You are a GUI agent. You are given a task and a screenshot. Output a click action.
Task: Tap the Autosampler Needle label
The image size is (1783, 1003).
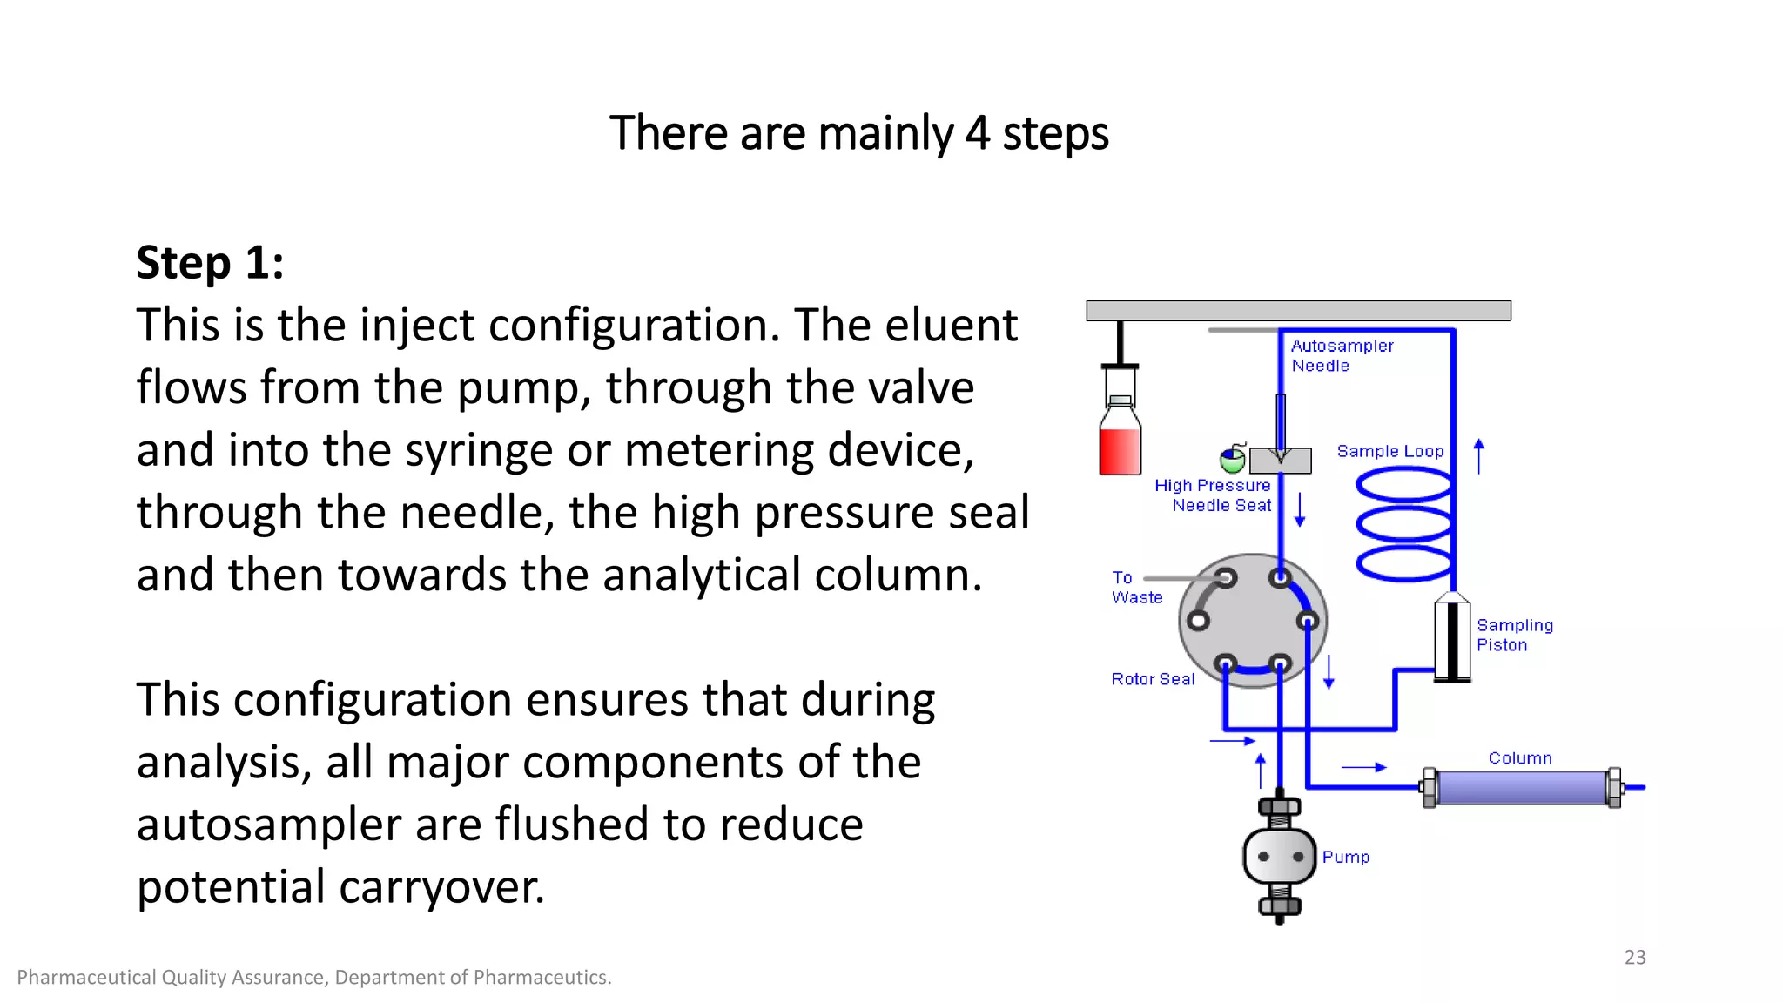coord(1341,355)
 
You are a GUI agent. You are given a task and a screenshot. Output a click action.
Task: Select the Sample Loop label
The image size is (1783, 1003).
coord(1389,451)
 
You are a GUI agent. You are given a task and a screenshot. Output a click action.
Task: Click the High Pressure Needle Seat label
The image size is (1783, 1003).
coord(1214,495)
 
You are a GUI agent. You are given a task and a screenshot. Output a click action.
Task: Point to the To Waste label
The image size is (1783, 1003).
coord(1135,588)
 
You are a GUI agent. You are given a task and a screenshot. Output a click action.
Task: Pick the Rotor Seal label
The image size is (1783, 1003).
coord(1152,679)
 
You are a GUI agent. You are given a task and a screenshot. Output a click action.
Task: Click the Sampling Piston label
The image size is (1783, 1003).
coord(1513,635)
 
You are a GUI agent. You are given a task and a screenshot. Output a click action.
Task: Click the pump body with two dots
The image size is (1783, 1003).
coord(1279,857)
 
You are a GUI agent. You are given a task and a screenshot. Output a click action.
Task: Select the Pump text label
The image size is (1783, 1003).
coord(1345,858)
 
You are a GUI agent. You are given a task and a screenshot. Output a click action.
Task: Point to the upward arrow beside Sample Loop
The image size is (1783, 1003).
coord(1478,455)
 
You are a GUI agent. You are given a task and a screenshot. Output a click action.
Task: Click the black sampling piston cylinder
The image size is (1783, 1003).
coord(1451,640)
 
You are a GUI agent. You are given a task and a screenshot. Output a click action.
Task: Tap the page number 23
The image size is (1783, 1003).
coord(1634,957)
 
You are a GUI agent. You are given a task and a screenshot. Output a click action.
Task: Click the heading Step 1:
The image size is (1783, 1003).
coord(210,263)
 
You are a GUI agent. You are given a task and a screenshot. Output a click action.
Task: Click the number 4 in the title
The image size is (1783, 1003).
coord(977,134)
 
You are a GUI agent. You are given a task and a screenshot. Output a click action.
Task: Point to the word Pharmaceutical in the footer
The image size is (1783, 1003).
coord(85,978)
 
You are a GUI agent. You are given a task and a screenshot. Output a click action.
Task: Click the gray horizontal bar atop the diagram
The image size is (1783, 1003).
coord(1297,310)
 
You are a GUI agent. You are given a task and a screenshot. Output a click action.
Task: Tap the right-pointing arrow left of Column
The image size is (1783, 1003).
coord(1363,767)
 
